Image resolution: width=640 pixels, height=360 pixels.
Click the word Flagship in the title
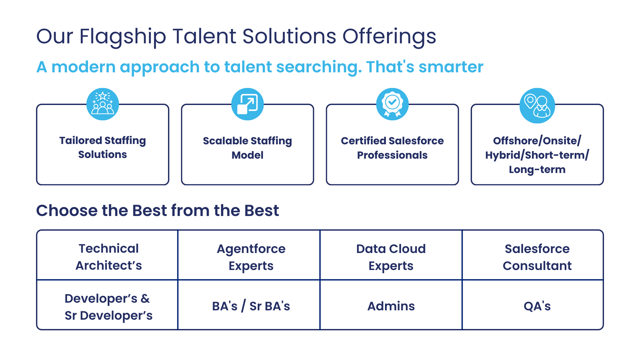click(x=123, y=37)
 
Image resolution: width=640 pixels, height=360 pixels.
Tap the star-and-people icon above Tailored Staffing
click(x=103, y=104)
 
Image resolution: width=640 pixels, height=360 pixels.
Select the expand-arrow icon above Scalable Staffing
click(x=247, y=104)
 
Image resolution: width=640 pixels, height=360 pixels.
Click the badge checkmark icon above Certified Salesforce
click(x=392, y=104)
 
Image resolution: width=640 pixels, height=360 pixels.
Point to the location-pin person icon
click(x=537, y=105)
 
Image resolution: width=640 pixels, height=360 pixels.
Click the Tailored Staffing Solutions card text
click(x=103, y=147)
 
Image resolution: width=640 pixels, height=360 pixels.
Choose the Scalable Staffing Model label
click(x=247, y=148)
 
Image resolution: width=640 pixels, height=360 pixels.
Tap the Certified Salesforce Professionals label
click(x=392, y=148)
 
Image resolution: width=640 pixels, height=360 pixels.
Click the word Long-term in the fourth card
click(x=537, y=170)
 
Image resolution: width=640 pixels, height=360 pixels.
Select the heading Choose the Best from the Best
click(x=158, y=211)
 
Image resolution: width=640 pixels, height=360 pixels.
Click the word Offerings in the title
click(x=389, y=37)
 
